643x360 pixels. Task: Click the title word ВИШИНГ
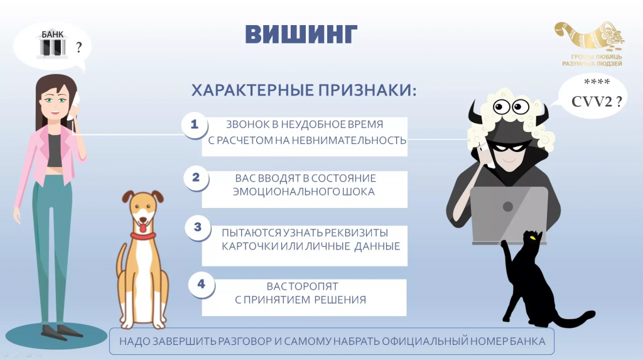point(301,34)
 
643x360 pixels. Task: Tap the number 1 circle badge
point(195,124)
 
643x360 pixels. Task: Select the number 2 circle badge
point(196,177)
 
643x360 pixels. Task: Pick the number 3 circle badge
point(198,227)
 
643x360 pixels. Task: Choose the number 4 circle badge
point(201,284)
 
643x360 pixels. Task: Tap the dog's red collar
point(143,236)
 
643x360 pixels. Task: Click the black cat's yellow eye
point(532,237)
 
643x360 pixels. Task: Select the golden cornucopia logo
point(590,36)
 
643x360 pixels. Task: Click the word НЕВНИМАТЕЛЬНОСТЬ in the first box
point(340,140)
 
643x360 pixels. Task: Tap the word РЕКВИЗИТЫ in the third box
point(356,232)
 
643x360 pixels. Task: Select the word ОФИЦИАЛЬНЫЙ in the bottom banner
point(425,341)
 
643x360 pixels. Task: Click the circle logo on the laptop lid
point(507,207)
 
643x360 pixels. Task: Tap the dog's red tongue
point(143,227)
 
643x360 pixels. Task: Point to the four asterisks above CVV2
point(597,82)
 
